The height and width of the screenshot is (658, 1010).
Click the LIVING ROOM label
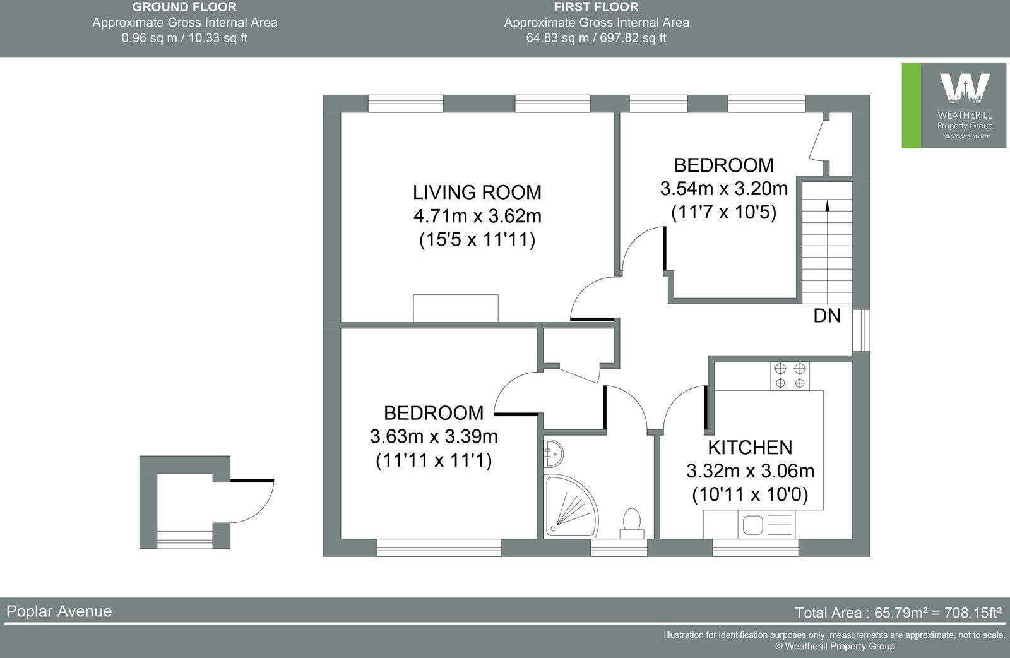(x=477, y=192)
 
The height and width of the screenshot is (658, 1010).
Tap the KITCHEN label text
(x=749, y=447)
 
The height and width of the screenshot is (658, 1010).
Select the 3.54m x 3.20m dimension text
(x=723, y=188)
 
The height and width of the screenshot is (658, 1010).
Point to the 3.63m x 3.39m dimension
(x=434, y=436)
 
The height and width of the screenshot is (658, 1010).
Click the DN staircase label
(x=827, y=316)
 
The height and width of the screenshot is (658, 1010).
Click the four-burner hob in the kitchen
(x=790, y=375)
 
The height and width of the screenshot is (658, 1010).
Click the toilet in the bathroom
(x=631, y=523)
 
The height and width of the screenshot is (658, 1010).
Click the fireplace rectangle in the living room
(x=455, y=308)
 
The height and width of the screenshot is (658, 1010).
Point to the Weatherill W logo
(x=964, y=88)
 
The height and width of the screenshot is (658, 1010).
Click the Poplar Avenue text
(x=59, y=611)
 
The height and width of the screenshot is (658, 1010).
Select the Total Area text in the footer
(x=898, y=613)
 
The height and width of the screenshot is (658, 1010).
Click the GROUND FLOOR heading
(x=184, y=8)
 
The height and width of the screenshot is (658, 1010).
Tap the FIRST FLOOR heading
(x=596, y=8)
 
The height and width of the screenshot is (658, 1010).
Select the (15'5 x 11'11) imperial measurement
(x=477, y=240)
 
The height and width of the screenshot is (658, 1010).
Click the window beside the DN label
(x=861, y=330)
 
